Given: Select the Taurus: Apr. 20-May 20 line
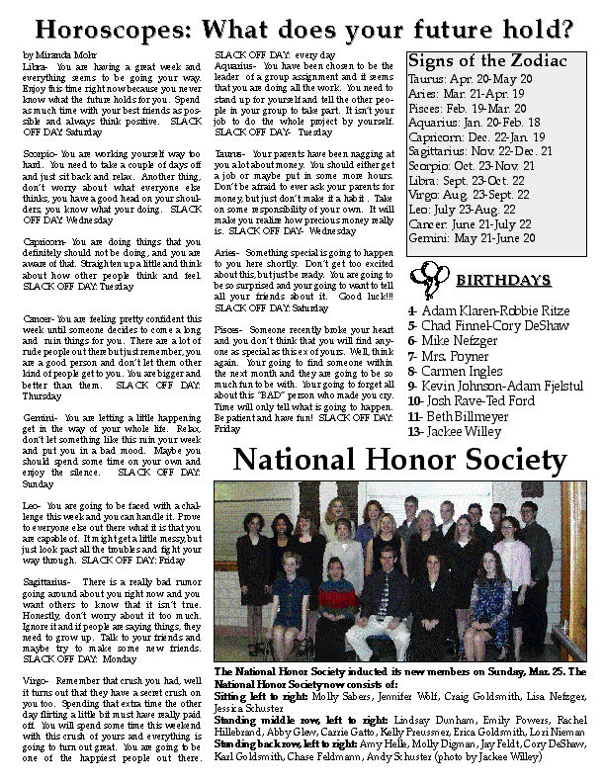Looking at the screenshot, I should (471, 78).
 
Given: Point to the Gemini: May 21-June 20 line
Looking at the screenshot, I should (472, 238).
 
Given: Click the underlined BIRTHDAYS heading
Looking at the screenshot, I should (502, 281).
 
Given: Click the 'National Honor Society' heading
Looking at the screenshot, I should (400, 460).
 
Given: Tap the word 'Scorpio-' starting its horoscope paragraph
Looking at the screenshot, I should (41, 154).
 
